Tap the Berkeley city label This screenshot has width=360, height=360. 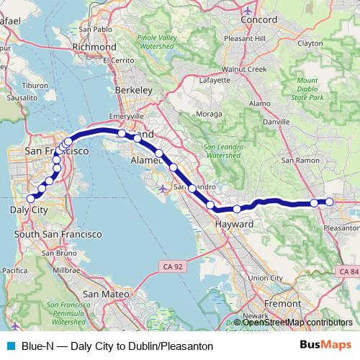point(138,90)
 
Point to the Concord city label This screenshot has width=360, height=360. point(258,19)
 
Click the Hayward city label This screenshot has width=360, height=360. point(234,225)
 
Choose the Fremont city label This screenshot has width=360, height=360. point(279,304)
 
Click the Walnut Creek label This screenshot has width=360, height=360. point(245,69)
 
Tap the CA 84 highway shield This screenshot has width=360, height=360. point(348,271)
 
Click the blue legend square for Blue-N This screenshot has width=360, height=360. point(9,345)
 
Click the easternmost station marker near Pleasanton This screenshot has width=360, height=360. point(329,202)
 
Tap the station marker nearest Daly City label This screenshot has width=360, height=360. point(31,199)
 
